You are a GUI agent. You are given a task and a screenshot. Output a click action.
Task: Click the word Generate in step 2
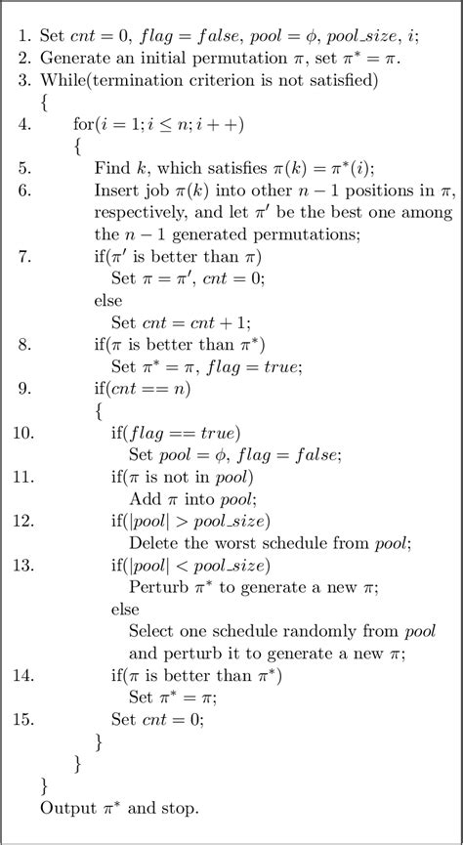[71, 56]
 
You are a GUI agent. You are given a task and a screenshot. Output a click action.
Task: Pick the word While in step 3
[60, 78]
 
